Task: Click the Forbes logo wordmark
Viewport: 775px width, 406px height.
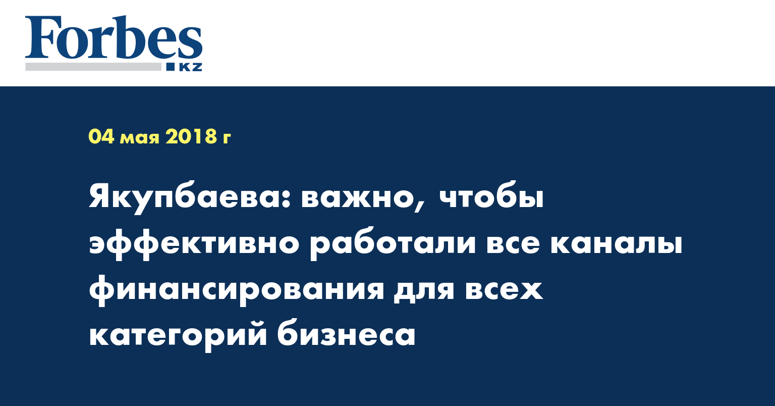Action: point(114,37)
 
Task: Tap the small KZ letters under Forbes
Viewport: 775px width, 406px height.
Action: point(190,67)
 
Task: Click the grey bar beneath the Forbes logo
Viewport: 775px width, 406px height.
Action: point(93,67)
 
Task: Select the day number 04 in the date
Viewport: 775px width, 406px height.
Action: point(101,136)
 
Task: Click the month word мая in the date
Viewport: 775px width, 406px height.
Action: point(140,138)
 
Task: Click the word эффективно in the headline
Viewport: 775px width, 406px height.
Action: point(194,244)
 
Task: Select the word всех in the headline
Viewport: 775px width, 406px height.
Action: point(504,289)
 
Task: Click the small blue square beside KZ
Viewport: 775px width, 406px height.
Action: point(171,67)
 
